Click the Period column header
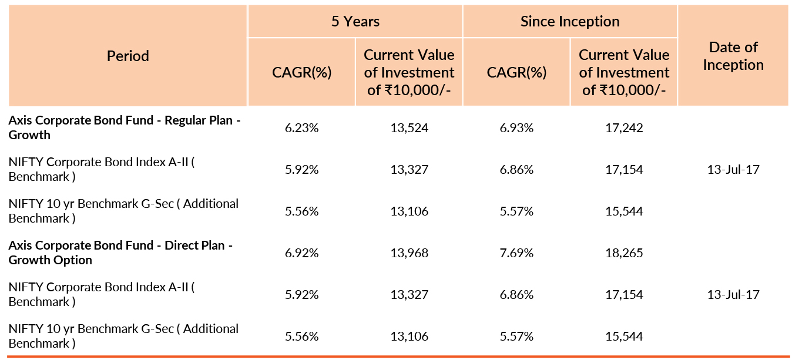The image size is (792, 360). [127, 56]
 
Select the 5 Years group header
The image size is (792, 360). [355, 22]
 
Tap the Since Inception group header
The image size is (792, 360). [570, 22]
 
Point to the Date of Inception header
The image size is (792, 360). [733, 56]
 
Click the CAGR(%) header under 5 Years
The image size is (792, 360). [301, 73]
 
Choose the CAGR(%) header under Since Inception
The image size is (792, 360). [516, 73]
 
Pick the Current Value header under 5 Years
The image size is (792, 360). [409, 72]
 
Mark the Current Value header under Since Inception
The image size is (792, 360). [624, 72]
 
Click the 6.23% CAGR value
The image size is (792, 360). [301, 128]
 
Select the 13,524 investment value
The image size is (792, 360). [409, 128]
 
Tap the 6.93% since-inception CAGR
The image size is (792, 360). [516, 128]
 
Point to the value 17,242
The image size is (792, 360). [624, 128]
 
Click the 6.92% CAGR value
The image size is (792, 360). [301, 253]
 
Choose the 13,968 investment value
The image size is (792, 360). [409, 253]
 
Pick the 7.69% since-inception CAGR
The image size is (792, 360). [516, 253]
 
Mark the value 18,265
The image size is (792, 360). [624, 253]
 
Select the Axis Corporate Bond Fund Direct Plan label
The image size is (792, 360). [120, 253]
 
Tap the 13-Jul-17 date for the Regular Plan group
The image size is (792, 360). [733, 170]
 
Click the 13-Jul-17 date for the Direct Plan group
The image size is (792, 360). [733, 295]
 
